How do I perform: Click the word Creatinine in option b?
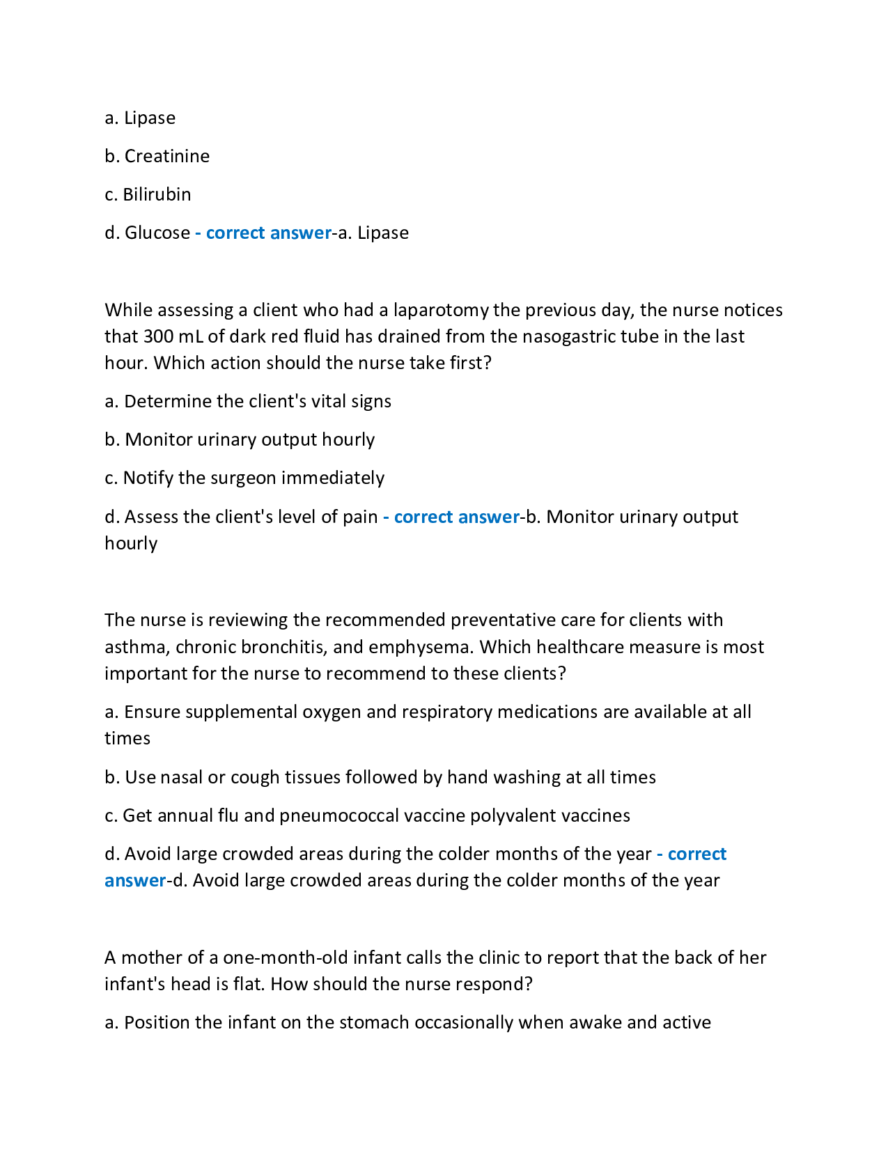[x=167, y=156]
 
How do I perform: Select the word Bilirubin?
[x=157, y=194]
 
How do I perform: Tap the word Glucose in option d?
[x=157, y=233]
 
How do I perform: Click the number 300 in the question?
[x=158, y=336]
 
